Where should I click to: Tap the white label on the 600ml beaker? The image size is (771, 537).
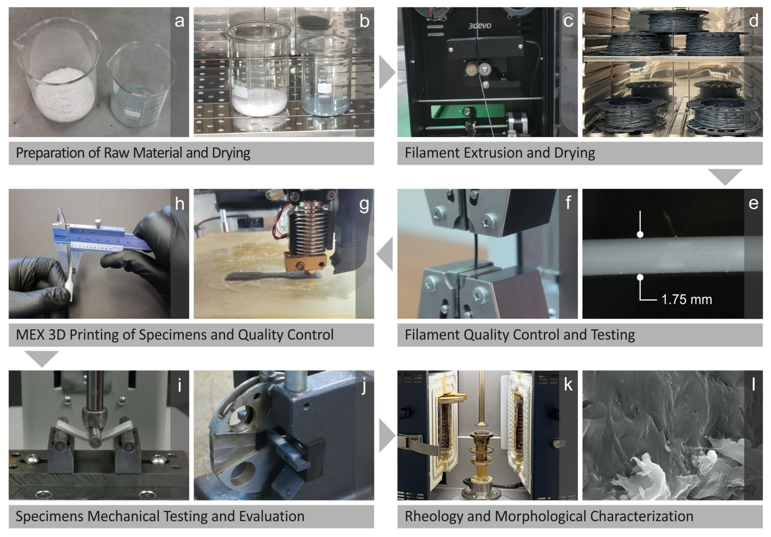click(325, 88)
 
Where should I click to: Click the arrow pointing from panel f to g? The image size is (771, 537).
click(385, 254)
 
